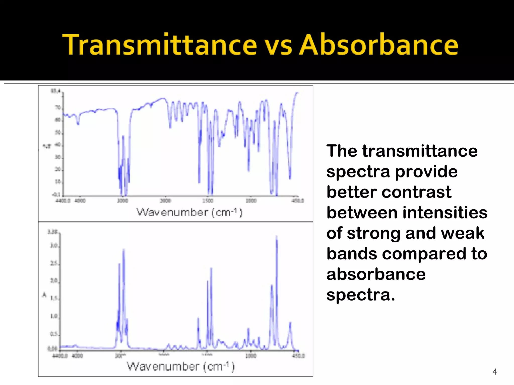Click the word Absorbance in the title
(378, 45)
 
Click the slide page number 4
(494, 371)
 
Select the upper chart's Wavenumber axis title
(189, 213)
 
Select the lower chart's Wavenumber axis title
(180, 366)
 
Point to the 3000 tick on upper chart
(123, 201)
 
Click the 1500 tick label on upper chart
(208, 201)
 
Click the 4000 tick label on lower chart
(77, 356)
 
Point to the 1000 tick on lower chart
(251, 356)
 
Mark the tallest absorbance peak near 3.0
(276, 237)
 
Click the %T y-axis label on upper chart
(47, 146)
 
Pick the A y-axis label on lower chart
(44, 295)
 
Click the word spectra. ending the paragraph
(361, 295)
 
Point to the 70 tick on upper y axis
(58, 108)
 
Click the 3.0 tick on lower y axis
(54, 246)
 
